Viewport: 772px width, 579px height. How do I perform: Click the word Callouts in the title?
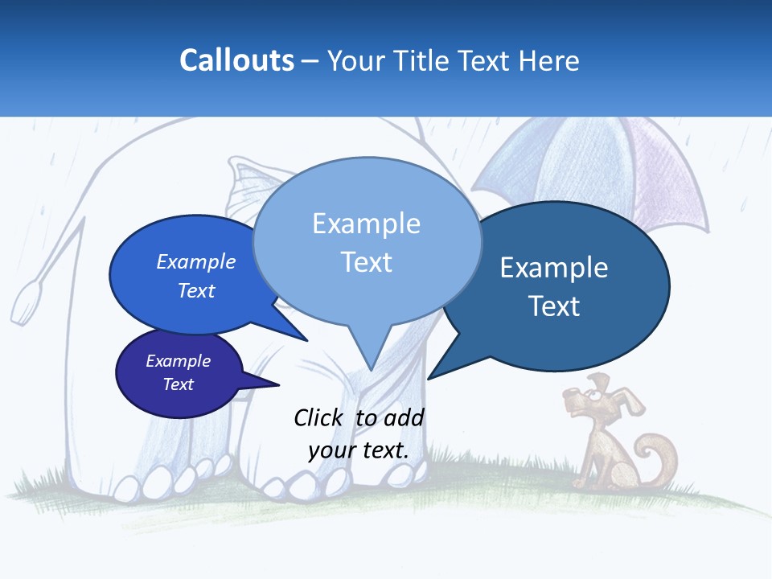tap(236, 61)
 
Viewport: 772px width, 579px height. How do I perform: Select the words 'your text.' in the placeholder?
tap(358, 450)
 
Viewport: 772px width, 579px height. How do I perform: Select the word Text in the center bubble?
tap(367, 262)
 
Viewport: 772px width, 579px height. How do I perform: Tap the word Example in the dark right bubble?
tap(554, 268)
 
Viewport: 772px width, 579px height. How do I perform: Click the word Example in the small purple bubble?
tap(179, 362)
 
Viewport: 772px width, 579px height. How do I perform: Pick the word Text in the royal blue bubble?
tap(196, 291)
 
